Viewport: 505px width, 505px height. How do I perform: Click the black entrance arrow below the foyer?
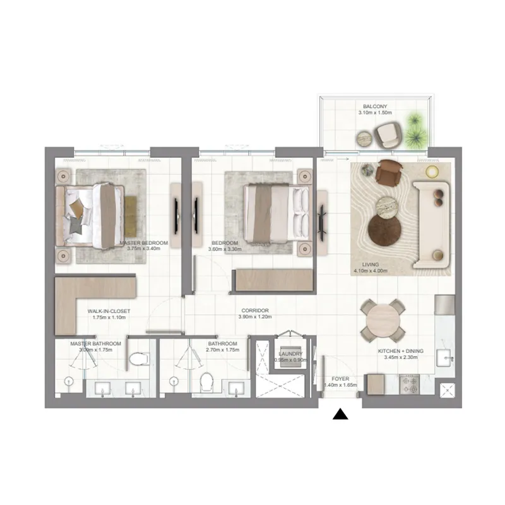click(341, 414)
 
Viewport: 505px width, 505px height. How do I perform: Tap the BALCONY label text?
click(374, 106)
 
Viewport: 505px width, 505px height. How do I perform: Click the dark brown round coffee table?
click(383, 229)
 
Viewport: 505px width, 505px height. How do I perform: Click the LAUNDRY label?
click(290, 354)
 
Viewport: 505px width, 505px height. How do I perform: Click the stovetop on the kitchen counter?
click(410, 383)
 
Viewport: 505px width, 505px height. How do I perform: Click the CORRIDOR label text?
click(255, 311)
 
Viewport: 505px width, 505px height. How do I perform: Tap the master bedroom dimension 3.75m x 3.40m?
click(146, 249)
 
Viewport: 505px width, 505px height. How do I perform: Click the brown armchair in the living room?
click(389, 172)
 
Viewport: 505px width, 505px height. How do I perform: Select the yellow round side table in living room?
click(432, 172)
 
